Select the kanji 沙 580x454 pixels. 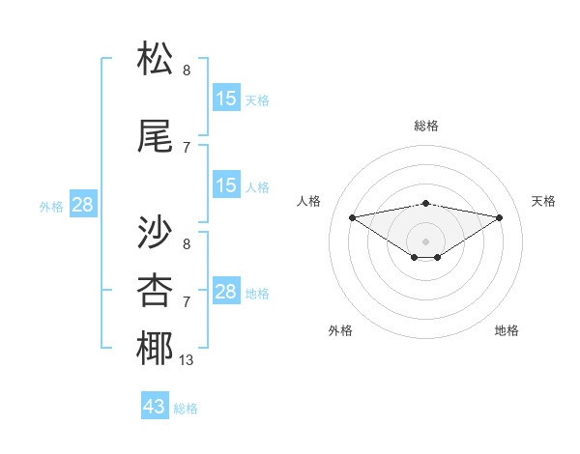[156, 232]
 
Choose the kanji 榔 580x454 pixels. [156, 348]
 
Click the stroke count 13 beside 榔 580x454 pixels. [186, 360]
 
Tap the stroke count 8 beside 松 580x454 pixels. [187, 71]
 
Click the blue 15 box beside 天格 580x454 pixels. [226, 98]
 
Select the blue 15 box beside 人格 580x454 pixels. [226, 185]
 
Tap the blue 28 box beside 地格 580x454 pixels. [226, 292]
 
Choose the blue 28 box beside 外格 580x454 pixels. [82, 204]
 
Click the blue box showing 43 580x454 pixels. [155, 407]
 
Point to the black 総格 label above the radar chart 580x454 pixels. [425, 126]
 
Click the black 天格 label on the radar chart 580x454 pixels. [544, 201]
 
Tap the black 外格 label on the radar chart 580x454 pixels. [340, 330]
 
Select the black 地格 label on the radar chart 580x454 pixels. [507, 330]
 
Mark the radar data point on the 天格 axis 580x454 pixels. [500, 216]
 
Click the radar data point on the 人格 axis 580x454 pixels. [352, 216]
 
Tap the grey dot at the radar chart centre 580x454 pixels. [425, 240]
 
